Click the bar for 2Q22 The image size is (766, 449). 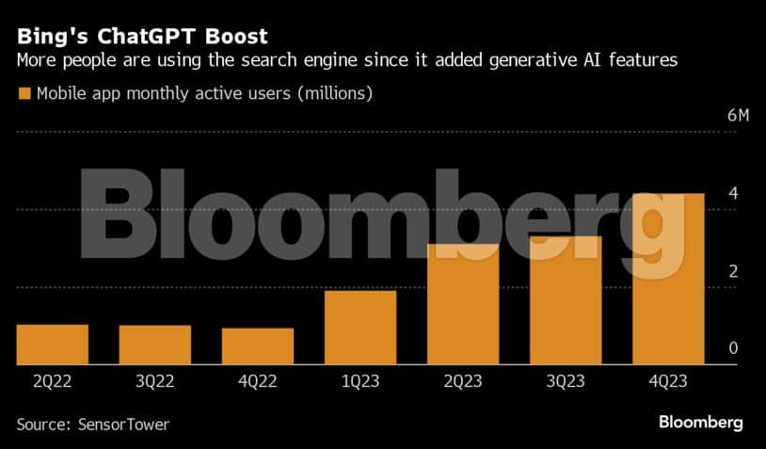pyautogui.click(x=53, y=345)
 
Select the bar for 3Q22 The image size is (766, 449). pyautogui.click(x=155, y=345)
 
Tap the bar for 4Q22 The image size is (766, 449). pyautogui.click(x=258, y=346)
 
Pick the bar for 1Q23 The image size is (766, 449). pyautogui.click(x=360, y=328)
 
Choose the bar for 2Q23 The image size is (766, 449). pyautogui.click(x=463, y=304)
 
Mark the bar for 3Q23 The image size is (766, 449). pyautogui.click(x=566, y=300)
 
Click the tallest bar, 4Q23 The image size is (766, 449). pyautogui.click(x=668, y=279)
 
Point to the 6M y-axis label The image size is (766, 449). pyautogui.click(x=738, y=116)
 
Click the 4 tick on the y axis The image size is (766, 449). pyautogui.click(x=732, y=194)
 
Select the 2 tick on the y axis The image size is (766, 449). pyautogui.click(x=732, y=272)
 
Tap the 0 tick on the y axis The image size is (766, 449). pyautogui.click(x=732, y=349)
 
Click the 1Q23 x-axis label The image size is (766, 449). pyautogui.click(x=360, y=380)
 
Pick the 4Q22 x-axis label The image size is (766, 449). pyautogui.click(x=258, y=380)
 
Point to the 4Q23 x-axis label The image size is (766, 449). pyautogui.click(x=668, y=380)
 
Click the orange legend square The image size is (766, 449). pyautogui.click(x=24, y=94)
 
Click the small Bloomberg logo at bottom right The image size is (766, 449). pyautogui.click(x=701, y=423)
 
